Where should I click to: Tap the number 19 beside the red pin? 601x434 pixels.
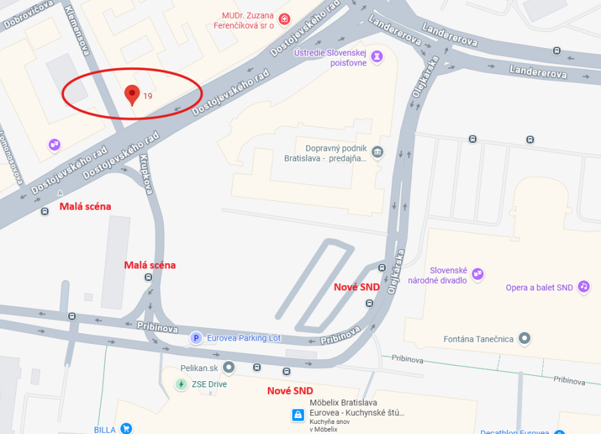click(x=148, y=96)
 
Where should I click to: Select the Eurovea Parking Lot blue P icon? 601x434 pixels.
click(x=196, y=339)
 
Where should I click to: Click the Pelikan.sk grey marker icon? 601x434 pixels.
click(x=229, y=367)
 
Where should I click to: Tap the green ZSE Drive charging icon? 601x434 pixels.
click(x=181, y=384)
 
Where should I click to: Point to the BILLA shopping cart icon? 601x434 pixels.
click(x=126, y=429)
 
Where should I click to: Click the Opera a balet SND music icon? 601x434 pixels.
click(x=584, y=287)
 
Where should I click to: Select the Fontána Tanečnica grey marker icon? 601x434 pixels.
click(x=525, y=339)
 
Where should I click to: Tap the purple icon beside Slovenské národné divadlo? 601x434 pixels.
click(x=477, y=274)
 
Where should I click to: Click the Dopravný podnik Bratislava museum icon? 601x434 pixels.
click(x=378, y=153)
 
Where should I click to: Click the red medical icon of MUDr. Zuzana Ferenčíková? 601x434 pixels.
click(x=284, y=19)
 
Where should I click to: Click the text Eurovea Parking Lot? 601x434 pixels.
click(x=244, y=339)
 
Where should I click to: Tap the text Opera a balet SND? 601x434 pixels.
click(x=540, y=288)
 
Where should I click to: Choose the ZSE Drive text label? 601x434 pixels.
click(x=209, y=385)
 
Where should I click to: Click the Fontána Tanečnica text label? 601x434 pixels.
click(x=479, y=339)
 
